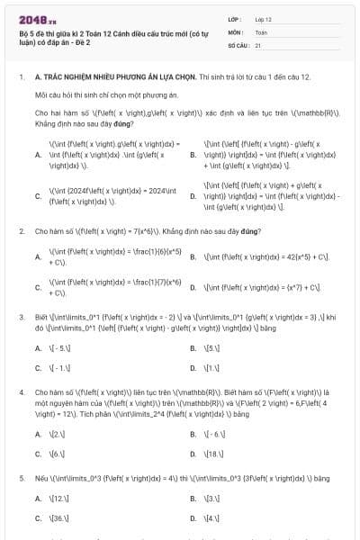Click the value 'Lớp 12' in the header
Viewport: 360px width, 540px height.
[263, 18]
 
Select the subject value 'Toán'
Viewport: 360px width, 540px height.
[261, 31]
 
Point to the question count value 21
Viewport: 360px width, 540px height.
[258, 43]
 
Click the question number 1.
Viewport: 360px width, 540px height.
[21, 78]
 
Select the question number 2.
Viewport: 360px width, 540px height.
[21, 231]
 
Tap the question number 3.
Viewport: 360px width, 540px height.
[21, 318]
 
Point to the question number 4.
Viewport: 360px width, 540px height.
[21, 392]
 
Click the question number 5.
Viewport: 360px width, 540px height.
[21, 478]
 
